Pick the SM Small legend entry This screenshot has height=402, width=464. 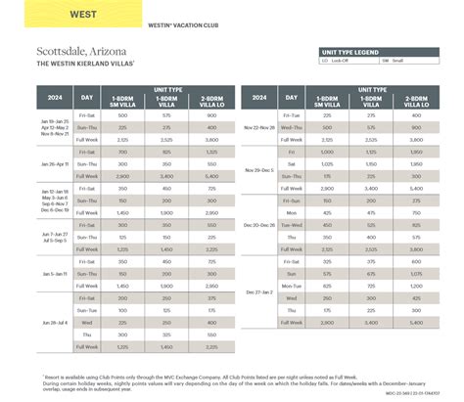pos(393,61)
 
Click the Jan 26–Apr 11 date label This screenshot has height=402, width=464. pos(55,164)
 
